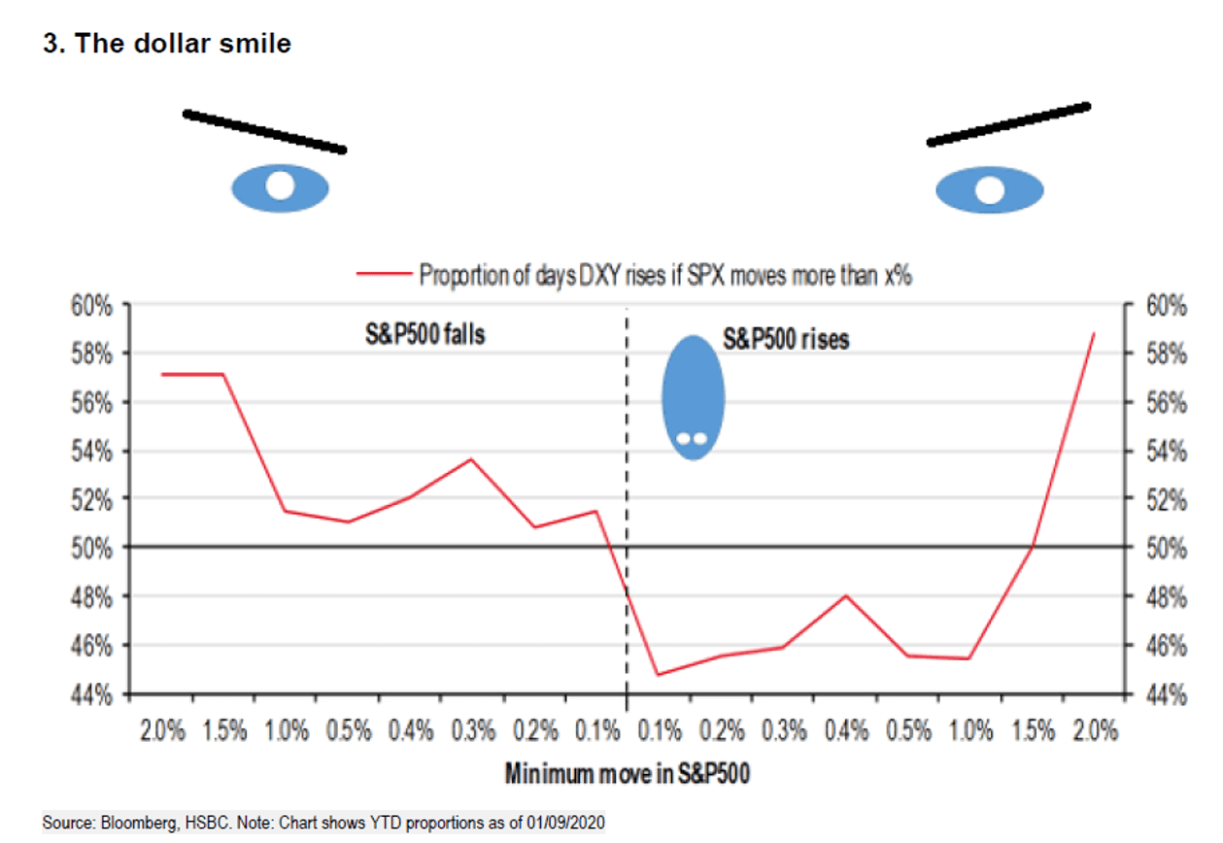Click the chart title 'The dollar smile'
click(167, 45)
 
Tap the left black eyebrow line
click(264, 131)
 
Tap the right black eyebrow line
click(1007, 123)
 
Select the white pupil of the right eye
click(990, 189)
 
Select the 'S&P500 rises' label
click(786, 340)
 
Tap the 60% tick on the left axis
click(93, 305)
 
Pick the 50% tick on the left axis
click(93, 548)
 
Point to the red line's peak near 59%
click(1094, 333)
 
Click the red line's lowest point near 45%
click(658, 674)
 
